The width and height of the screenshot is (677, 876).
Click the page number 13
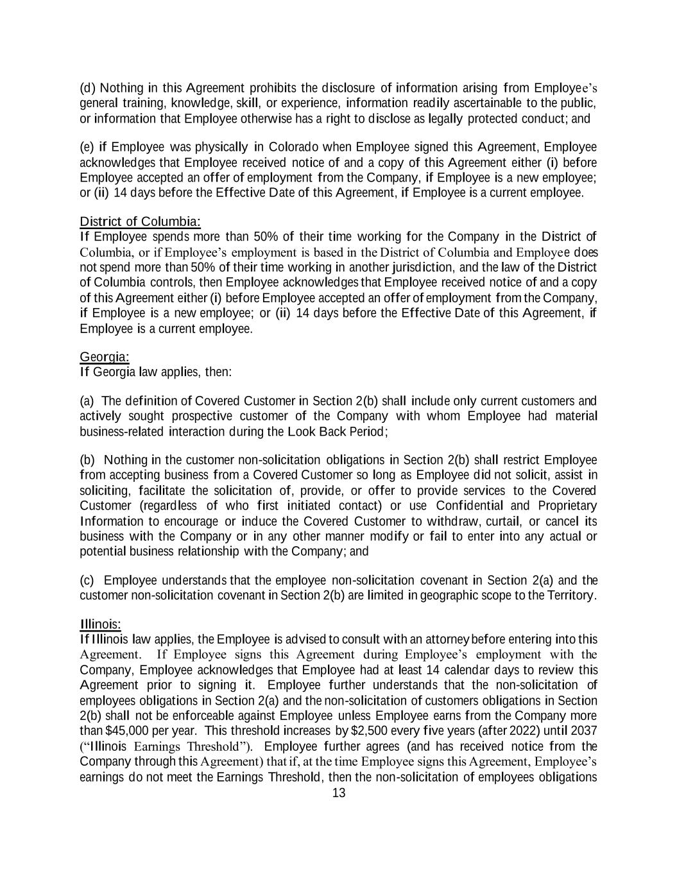(x=339, y=793)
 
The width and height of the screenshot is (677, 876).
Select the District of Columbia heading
(x=140, y=222)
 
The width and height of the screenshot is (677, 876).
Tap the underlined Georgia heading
(x=105, y=357)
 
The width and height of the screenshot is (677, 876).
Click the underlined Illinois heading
(x=101, y=624)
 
